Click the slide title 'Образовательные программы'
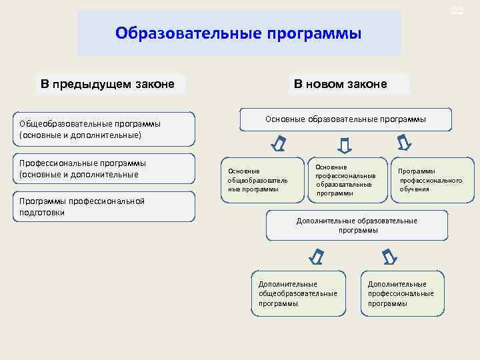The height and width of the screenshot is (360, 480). coord(238,33)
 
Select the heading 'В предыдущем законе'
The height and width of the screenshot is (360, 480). coord(108,84)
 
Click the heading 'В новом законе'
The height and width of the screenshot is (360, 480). coord(340,84)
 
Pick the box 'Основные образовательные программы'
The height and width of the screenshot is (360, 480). coord(345,119)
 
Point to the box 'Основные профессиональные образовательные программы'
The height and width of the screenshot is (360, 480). coord(347,179)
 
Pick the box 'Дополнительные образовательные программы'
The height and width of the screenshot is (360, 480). coord(357,225)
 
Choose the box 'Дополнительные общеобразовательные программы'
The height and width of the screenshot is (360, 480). coord(298,293)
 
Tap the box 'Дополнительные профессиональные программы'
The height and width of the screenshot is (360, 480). coord(402,293)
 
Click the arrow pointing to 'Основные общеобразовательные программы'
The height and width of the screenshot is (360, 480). coord(280,143)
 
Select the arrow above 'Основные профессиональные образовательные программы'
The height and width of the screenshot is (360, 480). coord(344,144)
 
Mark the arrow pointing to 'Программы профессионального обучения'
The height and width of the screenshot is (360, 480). coord(404,143)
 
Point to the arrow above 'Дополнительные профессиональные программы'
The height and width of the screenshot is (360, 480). coord(389,256)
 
